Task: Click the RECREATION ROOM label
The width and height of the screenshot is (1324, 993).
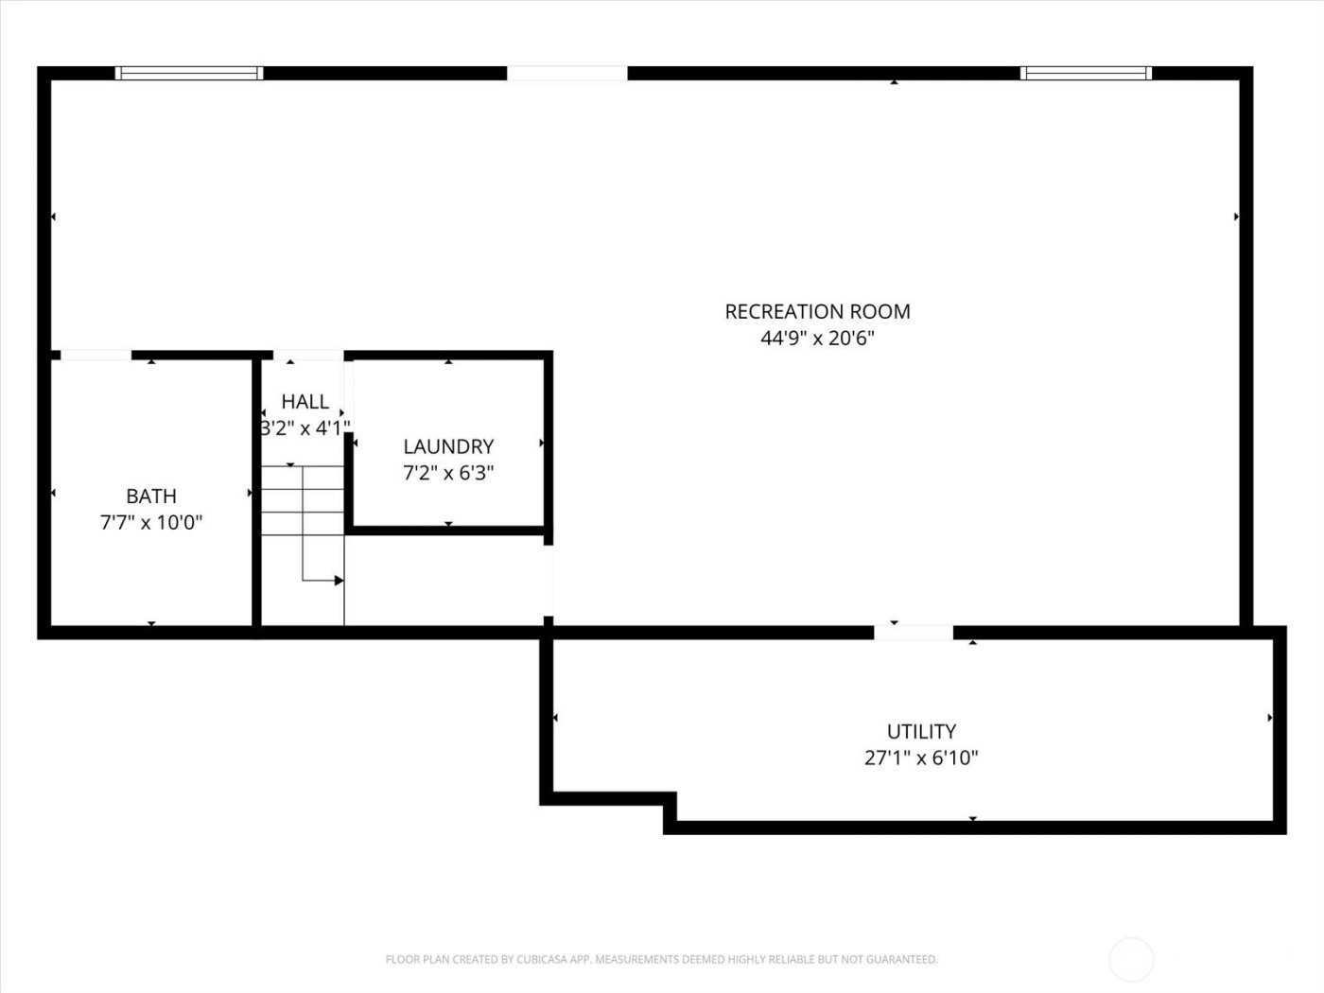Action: [x=817, y=311]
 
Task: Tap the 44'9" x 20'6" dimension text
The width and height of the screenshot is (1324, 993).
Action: [x=817, y=338]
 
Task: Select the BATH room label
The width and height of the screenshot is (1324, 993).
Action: [x=151, y=496]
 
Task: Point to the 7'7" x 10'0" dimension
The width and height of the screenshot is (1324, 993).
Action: [x=151, y=522]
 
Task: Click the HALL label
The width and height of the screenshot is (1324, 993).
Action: [x=305, y=402]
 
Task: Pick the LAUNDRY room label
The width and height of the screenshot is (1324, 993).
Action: [x=448, y=446]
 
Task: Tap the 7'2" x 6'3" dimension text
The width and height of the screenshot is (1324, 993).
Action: [x=448, y=473]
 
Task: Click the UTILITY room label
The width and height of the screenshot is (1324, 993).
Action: [x=921, y=731]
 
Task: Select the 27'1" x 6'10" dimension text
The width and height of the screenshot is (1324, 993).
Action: [x=921, y=758]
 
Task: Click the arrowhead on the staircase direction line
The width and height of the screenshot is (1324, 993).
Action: [x=339, y=580]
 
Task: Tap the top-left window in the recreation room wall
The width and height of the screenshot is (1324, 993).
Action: [x=189, y=73]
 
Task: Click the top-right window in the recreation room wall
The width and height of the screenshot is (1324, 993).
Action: [x=1086, y=73]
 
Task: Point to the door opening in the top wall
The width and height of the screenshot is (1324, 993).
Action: [x=567, y=73]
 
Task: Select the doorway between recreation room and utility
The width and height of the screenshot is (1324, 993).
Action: [x=914, y=632]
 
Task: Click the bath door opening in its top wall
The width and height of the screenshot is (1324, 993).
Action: [x=96, y=356]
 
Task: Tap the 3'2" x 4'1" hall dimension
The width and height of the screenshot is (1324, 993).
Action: [x=305, y=428]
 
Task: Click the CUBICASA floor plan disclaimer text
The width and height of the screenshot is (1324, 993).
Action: [x=661, y=959]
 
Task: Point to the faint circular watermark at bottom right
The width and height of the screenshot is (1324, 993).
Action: [x=1131, y=959]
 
